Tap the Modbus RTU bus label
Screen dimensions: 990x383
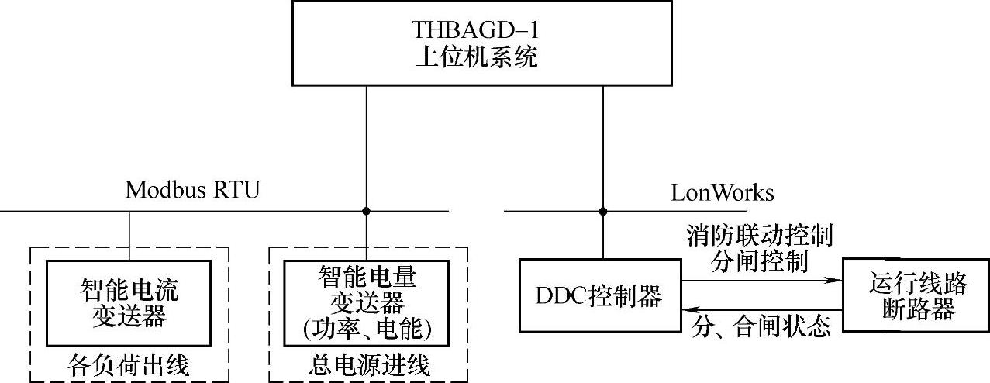pyautogui.click(x=192, y=190)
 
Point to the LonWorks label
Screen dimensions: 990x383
pyautogui.click(x=723, y=191)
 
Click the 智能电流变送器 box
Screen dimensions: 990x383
pyautogui.click(x=129, y=303)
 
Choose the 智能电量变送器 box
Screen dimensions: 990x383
pyautogui.click(x=366, y=302)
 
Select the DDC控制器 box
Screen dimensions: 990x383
pyautogui.click(x=600, y=296)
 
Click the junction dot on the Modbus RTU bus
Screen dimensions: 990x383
pyautogui.click(x=366, y=211)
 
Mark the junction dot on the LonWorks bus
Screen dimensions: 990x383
pyautogui.click(x=602, y=211)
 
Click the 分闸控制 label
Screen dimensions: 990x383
pyautogui.click(x=759, y=261)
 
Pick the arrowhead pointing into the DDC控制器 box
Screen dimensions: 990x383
pyautogui.click(x=688, y=309)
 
